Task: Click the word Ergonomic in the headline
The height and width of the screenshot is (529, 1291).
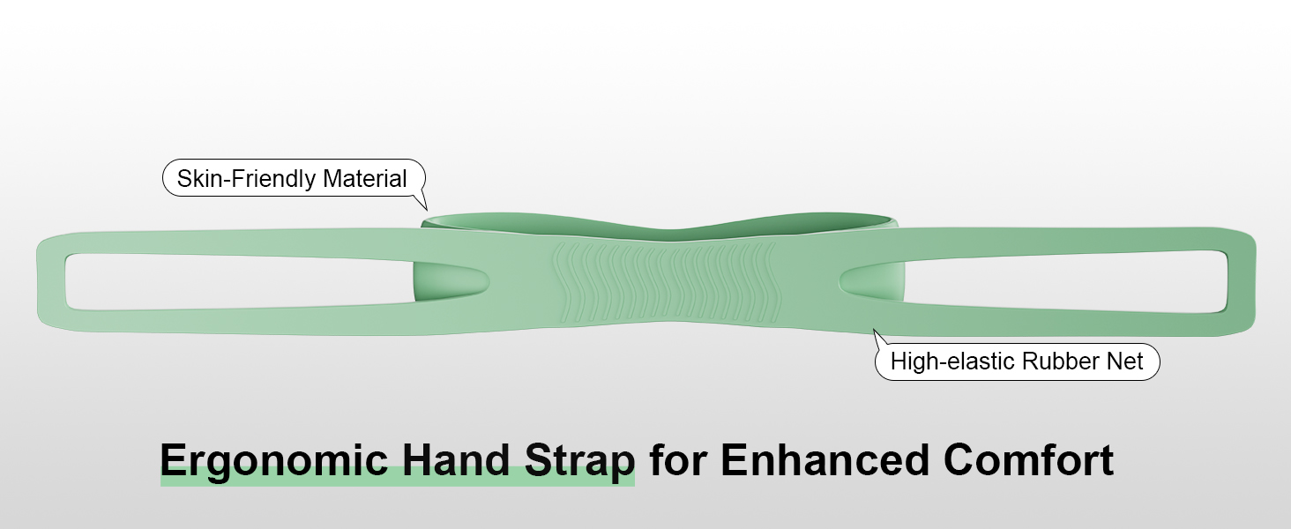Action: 272,460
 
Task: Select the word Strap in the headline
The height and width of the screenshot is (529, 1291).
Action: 579,460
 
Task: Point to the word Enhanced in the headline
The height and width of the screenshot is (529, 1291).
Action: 824,460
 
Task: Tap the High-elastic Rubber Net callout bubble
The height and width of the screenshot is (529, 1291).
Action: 1016,361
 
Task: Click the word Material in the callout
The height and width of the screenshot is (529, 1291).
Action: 365,179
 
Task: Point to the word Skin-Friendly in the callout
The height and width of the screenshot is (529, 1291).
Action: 246,179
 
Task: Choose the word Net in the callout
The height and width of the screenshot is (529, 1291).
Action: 1126,361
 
